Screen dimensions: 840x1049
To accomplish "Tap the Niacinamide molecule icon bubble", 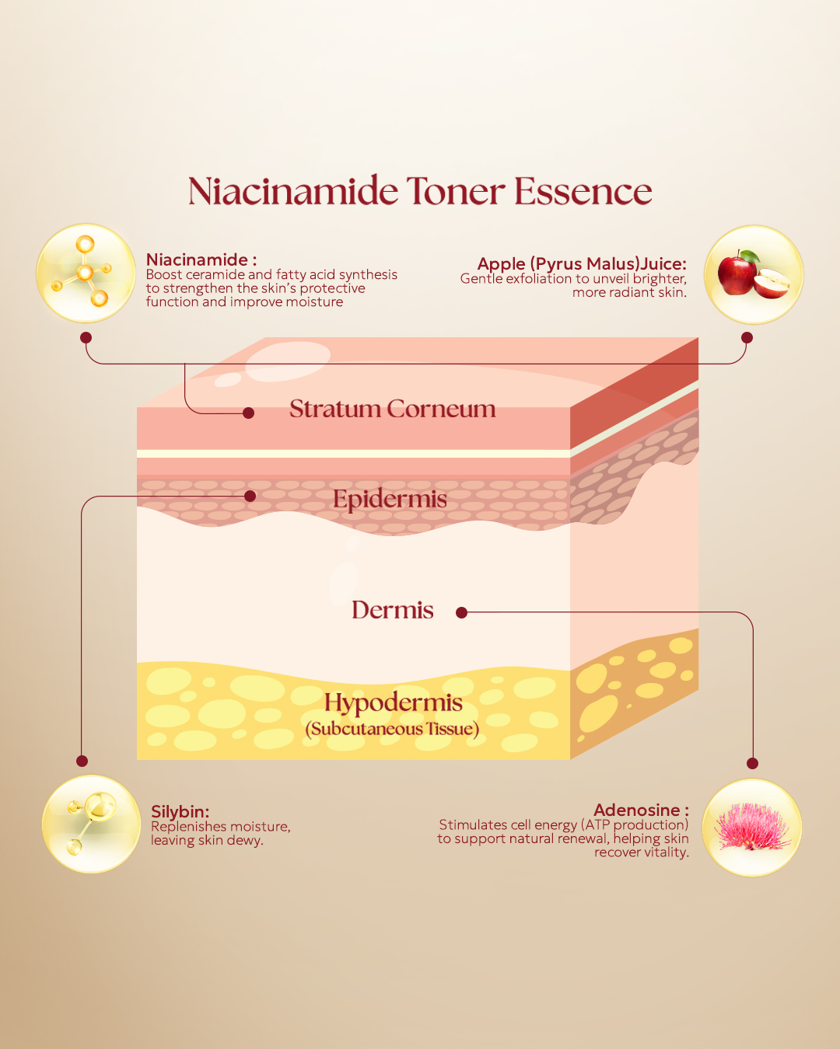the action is pos(86,273).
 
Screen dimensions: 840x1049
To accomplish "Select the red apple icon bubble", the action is pos(754,274).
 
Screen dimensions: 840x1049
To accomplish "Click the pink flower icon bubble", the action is pos(752,828).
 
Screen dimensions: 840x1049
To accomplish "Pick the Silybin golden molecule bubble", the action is pos(91,824).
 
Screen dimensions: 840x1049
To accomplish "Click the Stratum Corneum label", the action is pos(393,409).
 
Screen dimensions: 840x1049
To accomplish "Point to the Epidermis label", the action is pos(390,499).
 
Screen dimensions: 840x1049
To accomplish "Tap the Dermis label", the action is pos(393,610).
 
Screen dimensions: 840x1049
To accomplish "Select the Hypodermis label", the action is pos(394,703).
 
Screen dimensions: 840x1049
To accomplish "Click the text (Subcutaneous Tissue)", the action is pos(393,729).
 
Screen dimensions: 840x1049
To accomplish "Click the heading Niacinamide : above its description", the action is pos(201,260).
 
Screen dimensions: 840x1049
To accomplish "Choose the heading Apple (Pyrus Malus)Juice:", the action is pos(582,263).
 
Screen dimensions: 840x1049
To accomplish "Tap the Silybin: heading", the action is pos(180,811).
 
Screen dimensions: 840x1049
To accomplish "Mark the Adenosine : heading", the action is pos(642,810).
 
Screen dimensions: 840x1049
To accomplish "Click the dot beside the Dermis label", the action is pos(462,613).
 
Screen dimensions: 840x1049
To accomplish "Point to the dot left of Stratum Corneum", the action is pos(248,413).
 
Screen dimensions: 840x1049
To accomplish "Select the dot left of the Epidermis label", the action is pos(250,497).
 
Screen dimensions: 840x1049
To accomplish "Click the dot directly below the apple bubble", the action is pos(747,338).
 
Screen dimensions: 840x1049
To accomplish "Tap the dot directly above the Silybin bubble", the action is pos(82,761).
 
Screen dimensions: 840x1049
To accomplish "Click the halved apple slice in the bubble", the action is pos(772,283).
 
